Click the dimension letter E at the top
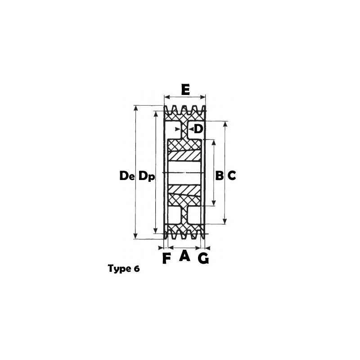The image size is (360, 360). [185, 90]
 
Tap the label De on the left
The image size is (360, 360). [127, 176]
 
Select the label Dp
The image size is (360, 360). [147, 176]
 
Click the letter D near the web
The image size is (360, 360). [198, 129]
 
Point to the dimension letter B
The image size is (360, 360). [220, 176]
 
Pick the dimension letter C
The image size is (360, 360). [232, 176]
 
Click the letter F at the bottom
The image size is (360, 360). [166, 258]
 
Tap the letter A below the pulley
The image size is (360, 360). [185, 256]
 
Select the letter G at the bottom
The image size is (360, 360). [203, 258]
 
